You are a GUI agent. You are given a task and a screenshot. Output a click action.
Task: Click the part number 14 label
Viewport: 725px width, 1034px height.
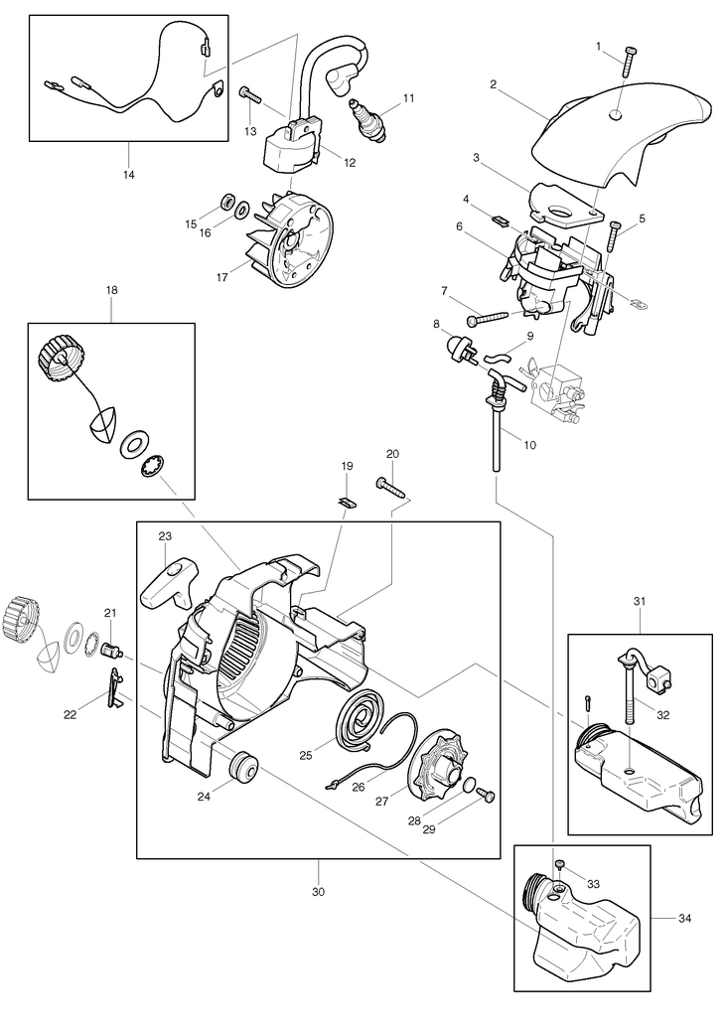[129, 175]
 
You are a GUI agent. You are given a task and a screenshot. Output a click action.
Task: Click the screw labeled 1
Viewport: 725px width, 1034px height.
[629, 62]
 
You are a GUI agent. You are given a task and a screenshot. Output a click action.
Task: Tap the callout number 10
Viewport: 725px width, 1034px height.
[529, 444]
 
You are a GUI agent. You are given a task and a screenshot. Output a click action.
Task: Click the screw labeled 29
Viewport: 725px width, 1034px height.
[487, 795]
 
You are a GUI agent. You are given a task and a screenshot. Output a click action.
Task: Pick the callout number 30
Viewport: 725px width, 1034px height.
[318, 892]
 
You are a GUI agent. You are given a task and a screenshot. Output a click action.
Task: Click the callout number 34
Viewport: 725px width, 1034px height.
[683, 918]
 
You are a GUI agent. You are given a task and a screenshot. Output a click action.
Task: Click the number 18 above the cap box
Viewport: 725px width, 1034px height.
[111, 289]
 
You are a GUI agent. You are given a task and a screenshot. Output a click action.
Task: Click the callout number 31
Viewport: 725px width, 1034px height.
[639, 600]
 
